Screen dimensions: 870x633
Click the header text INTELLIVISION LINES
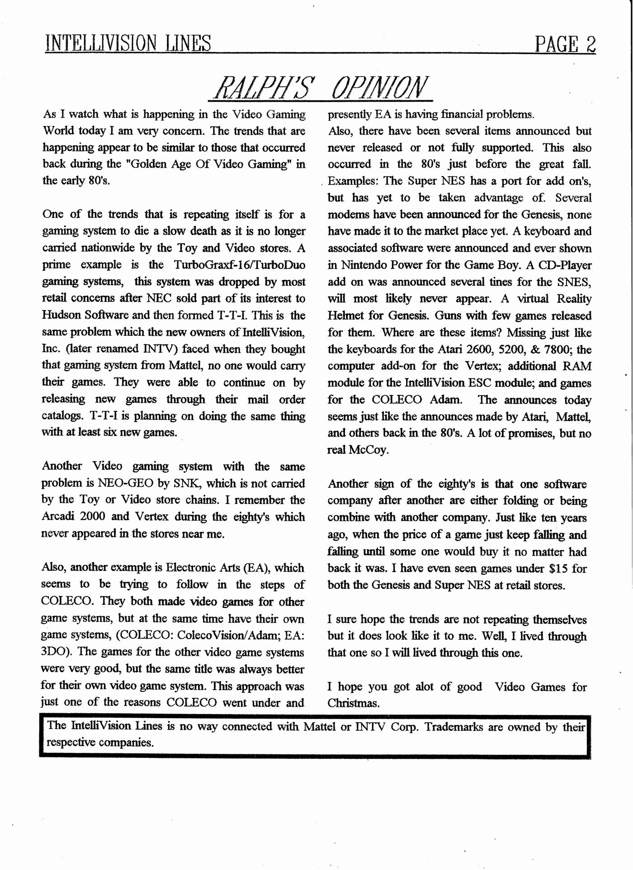coord(128,44)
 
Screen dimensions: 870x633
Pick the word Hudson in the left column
coord(61,315)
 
